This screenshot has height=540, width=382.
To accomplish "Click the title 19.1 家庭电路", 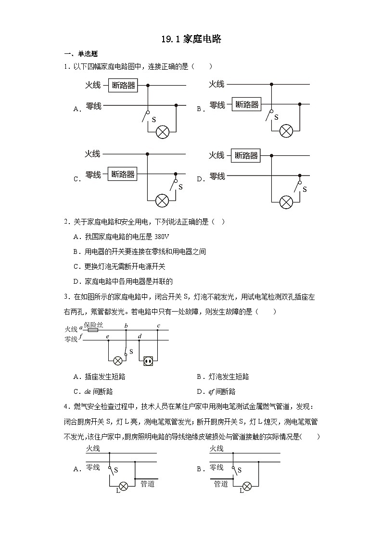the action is tap(191, 39).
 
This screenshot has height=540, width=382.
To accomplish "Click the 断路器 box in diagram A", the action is tap(124, 86).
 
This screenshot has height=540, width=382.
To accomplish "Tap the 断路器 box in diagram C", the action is tap(123, 174).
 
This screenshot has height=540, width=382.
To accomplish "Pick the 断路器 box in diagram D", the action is tap(246, 155).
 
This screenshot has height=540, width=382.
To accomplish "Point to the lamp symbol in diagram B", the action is tap(287, 130).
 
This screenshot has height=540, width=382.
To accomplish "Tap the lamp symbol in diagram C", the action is tap(163, 200).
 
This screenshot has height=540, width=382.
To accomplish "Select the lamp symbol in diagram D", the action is tap(287, 201).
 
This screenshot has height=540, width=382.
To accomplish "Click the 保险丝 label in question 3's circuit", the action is tap(93, 325).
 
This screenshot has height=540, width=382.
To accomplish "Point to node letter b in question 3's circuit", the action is tap(126, 326).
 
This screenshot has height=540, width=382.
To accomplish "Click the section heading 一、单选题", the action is tap(80, 54).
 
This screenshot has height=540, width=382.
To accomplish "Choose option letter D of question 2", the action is tap(76, 281).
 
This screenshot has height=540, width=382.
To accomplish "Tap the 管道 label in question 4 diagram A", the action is tap(147, 484).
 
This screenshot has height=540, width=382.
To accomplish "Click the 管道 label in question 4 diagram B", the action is tap(221, 484).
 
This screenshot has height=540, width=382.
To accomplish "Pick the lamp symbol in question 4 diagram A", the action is tap(123, 486).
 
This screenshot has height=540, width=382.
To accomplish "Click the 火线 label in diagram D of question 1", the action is tap(216, 155).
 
